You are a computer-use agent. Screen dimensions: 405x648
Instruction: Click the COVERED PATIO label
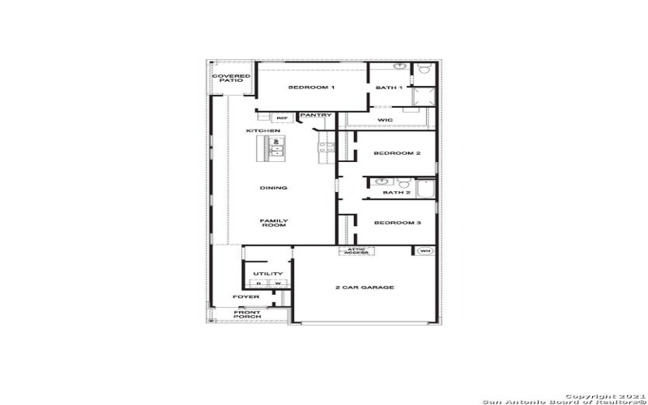231,79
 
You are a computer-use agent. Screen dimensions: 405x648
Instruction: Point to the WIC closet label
386,120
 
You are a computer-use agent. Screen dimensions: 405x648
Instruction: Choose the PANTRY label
316,115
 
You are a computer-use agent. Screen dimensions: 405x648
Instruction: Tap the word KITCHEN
263,130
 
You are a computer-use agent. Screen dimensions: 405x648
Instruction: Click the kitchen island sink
275,147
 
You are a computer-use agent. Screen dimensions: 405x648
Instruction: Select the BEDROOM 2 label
397,153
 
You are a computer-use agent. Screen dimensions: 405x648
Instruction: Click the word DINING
274,188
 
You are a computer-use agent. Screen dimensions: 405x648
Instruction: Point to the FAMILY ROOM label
274,223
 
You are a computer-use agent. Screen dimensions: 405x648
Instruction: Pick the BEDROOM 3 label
397,223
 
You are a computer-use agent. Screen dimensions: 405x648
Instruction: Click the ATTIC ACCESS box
357,251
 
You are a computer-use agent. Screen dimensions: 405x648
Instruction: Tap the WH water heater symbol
425,251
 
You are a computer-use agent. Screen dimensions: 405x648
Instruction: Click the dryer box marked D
258,283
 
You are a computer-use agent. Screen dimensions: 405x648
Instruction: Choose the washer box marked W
277,283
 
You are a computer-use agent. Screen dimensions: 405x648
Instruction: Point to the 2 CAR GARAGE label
364,288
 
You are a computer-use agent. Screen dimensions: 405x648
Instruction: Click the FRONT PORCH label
247,315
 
